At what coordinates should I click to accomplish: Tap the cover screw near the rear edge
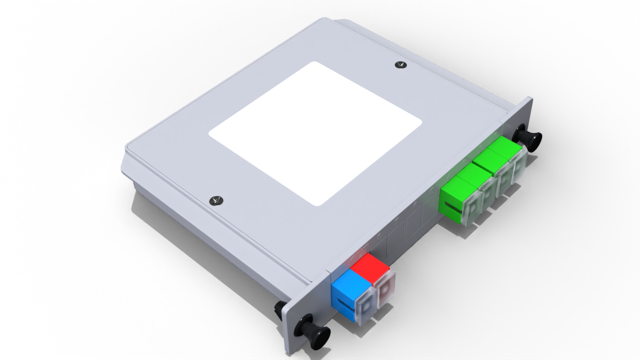coord(400,64)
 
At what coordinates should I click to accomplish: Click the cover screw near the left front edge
coord(216,200)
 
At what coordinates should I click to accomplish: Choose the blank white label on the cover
coord(315,133)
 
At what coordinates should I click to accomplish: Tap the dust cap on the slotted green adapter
coord(472,209)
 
